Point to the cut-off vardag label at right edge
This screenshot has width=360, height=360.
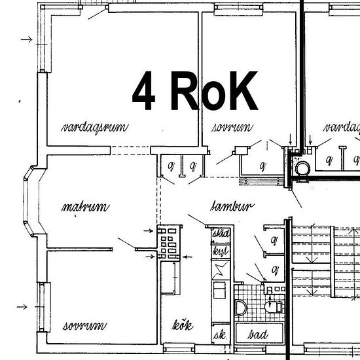(x=342, y=126)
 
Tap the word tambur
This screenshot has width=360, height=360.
(x=232, y=207)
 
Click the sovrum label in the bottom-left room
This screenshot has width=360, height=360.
(x=84, y=325)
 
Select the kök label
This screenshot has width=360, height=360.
(x=183, y=325)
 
